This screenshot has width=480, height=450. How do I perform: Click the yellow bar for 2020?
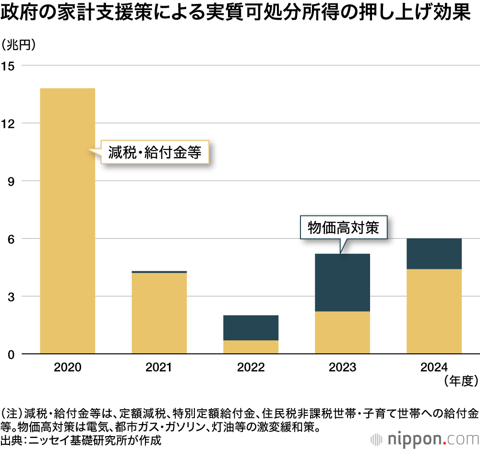[x=68, y=221]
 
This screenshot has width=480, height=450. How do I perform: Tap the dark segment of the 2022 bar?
[x=251, y=328]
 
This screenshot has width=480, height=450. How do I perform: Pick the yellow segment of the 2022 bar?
[x=251, y=347]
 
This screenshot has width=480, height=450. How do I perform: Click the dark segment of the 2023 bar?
[x=342, y=283]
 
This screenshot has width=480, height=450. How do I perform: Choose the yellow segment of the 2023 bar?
[x=342, y=333]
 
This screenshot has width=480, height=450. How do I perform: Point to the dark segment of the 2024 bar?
[x=434, y=254]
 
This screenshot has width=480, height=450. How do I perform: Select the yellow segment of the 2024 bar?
[x=434, y=312]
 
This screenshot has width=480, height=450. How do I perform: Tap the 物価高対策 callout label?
[x=343, y=227]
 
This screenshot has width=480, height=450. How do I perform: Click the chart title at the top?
[x=235, y=13]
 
